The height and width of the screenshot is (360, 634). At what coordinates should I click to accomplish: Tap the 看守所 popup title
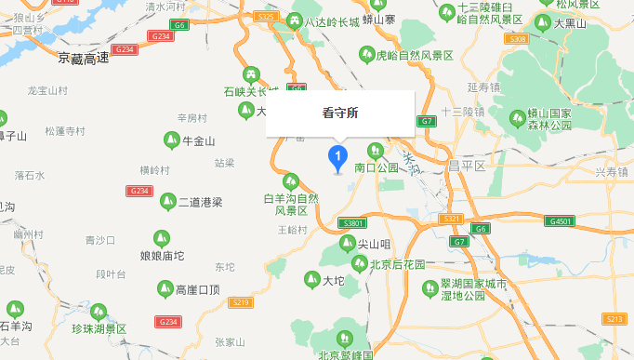[339, 113]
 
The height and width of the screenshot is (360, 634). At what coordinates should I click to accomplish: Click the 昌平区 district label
[468, 167]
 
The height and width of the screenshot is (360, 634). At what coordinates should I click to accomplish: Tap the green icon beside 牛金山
[171, 140]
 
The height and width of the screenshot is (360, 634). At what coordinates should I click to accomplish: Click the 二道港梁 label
[200, 202]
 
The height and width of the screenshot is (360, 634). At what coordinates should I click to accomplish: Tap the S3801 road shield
[354, 224]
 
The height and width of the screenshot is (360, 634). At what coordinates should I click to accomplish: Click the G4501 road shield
[561, 221]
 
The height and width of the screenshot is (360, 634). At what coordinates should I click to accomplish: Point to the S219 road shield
[241, 302]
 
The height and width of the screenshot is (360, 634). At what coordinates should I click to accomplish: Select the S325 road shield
[266, 17]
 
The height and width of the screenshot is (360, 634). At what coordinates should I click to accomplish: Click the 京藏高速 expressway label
[84, 59]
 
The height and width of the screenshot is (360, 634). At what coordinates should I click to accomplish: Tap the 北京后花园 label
[397, 264]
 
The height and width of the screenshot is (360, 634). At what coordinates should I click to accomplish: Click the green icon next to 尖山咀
[347, 244]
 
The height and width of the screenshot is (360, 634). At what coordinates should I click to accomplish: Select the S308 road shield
[519, 39]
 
